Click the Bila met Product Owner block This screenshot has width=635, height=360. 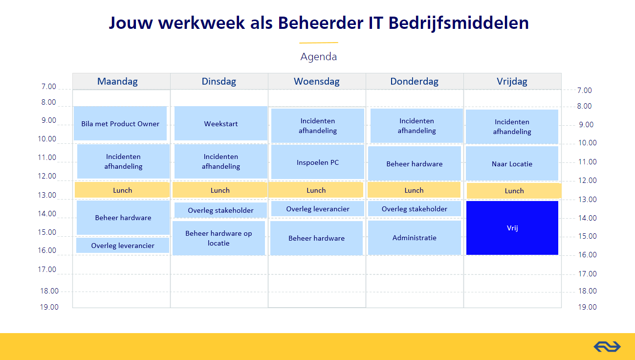[x=120, y=123]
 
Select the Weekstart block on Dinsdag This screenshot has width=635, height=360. [x=220, y=123]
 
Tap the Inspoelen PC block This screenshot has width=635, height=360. [x=318, y=162]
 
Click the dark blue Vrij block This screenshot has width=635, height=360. [x=512, y=228]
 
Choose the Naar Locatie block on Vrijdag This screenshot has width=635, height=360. [x=512, y=164]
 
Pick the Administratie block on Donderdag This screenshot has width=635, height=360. [x=415, y=238]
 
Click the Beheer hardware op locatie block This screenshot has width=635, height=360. [x=219, y=238]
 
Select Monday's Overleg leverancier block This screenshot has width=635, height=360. [x=123, y=246]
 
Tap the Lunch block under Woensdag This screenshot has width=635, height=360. [x=316, y=190]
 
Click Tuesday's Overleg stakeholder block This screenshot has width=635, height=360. [x=220, y=210]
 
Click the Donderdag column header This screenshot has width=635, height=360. [x=415, y=81]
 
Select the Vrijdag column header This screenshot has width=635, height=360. [x=512, y=81]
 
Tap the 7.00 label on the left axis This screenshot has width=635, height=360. [x=49, y=86]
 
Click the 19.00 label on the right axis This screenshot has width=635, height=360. [x=588, y=307]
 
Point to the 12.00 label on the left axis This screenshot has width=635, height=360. [x=47, y=176]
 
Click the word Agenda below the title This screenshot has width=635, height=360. [x=319, y=57]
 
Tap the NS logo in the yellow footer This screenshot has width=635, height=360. [x=607, y=347]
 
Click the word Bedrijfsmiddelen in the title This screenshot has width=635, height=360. [x=459, y=22]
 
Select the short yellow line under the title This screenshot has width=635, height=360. [x=319, y=43]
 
